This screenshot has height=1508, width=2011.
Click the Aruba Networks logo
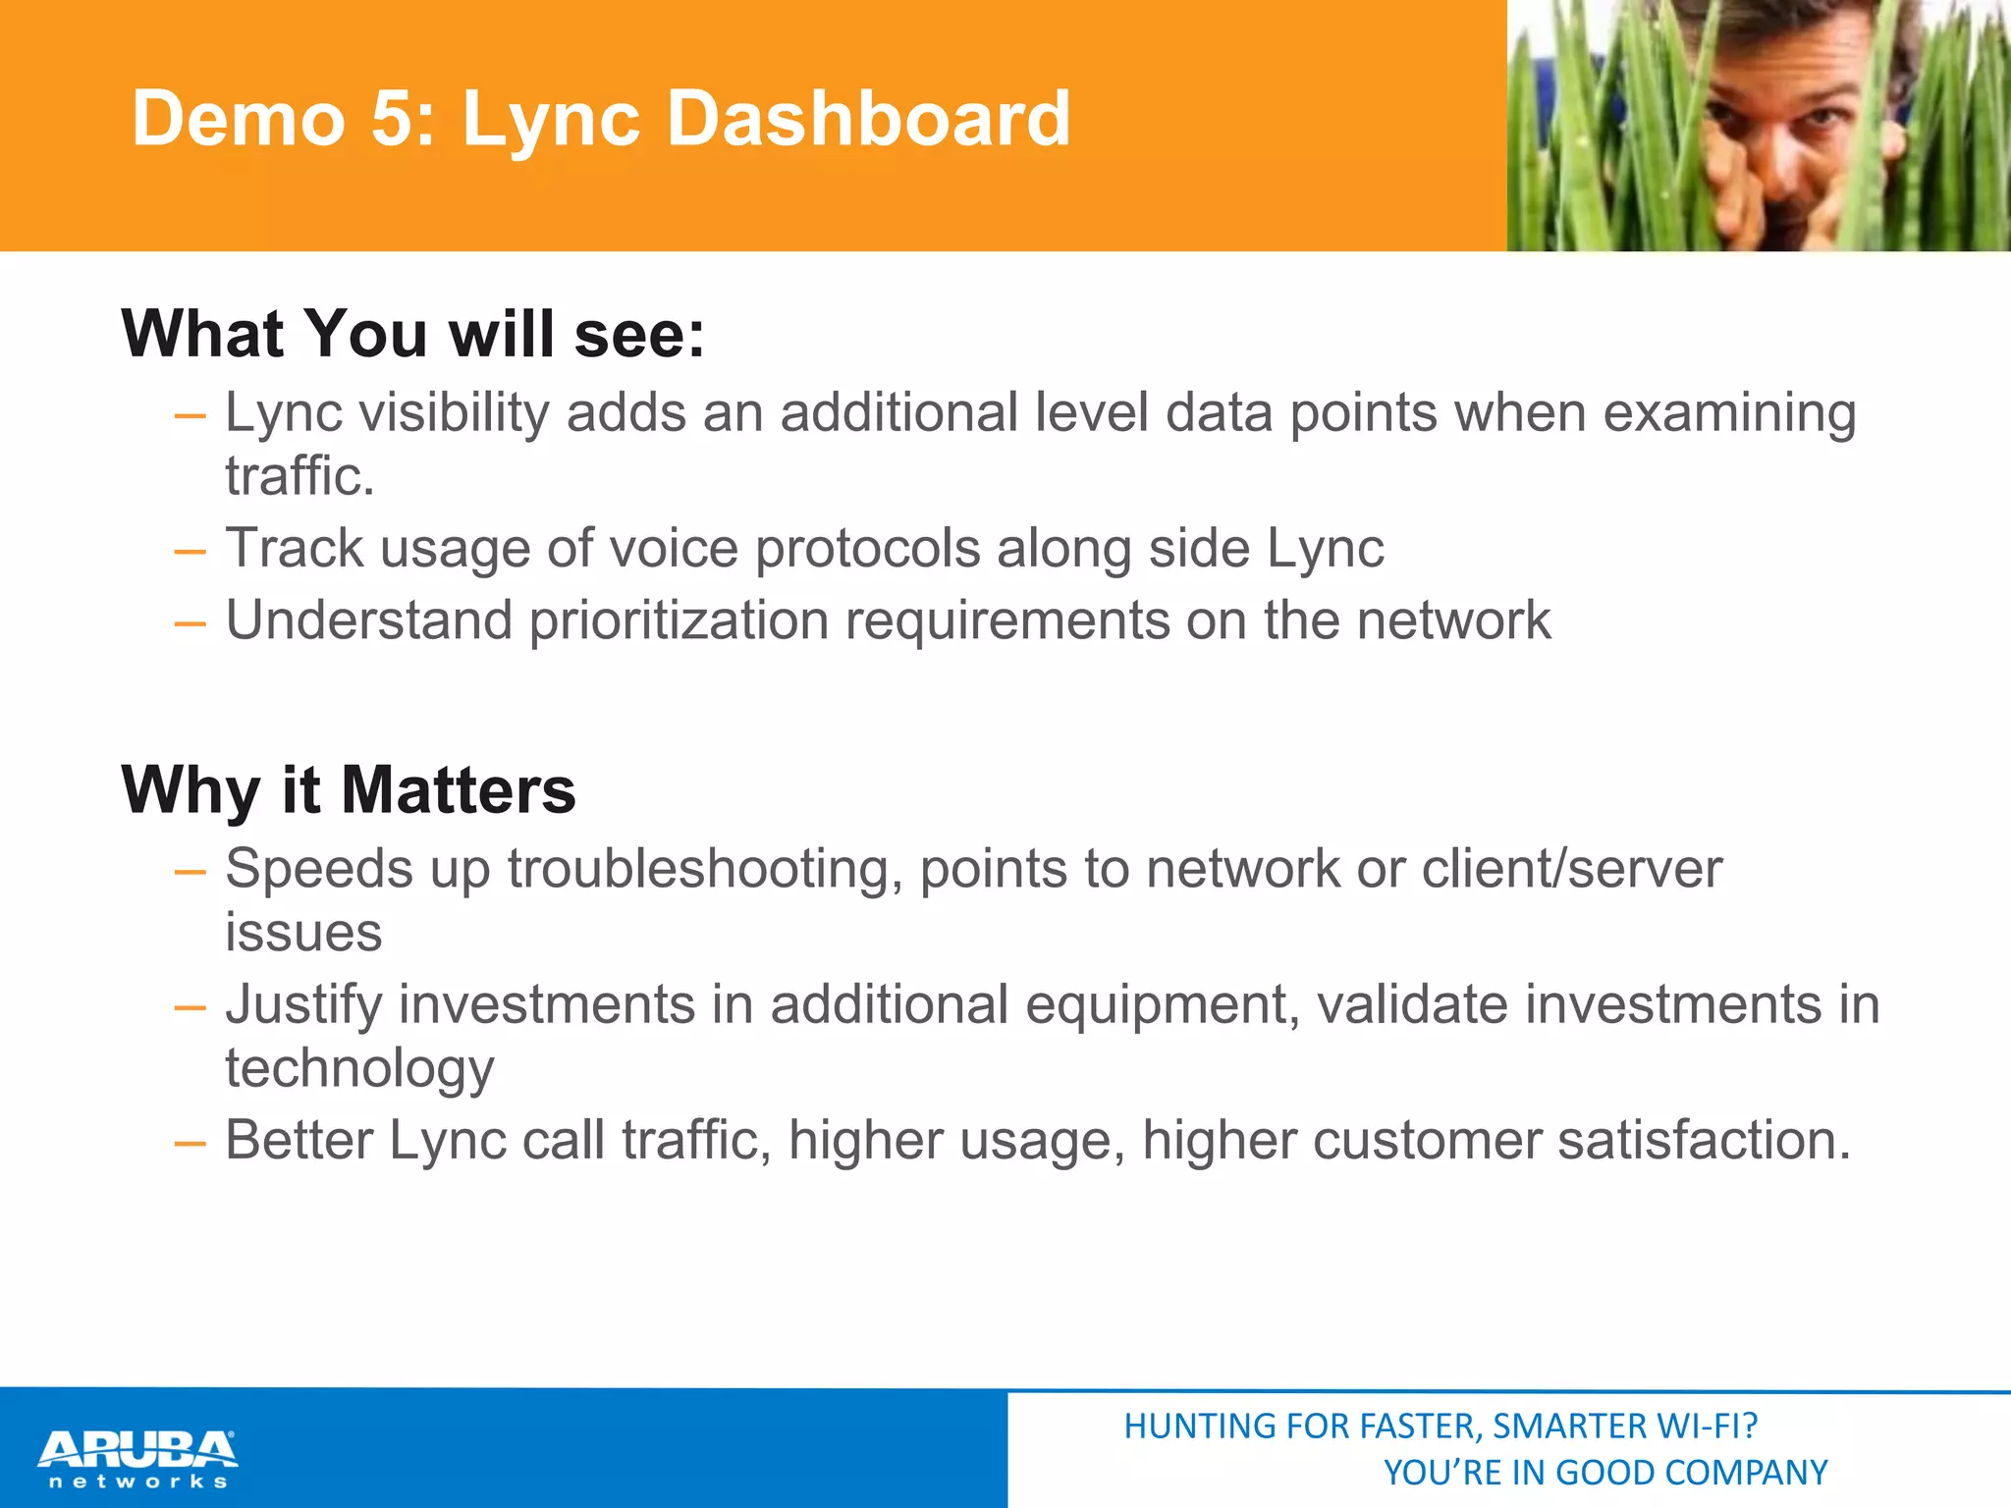coord(137,1458)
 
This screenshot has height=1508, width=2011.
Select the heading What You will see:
coord(412,334)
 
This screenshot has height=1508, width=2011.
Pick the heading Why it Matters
coord(348,790)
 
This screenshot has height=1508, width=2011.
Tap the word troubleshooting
coord(704,871)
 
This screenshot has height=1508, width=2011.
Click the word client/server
coord(1571,869)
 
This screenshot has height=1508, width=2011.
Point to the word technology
coord(359,1069)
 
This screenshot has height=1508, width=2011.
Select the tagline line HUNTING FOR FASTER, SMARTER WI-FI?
coord(1440,1427)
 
